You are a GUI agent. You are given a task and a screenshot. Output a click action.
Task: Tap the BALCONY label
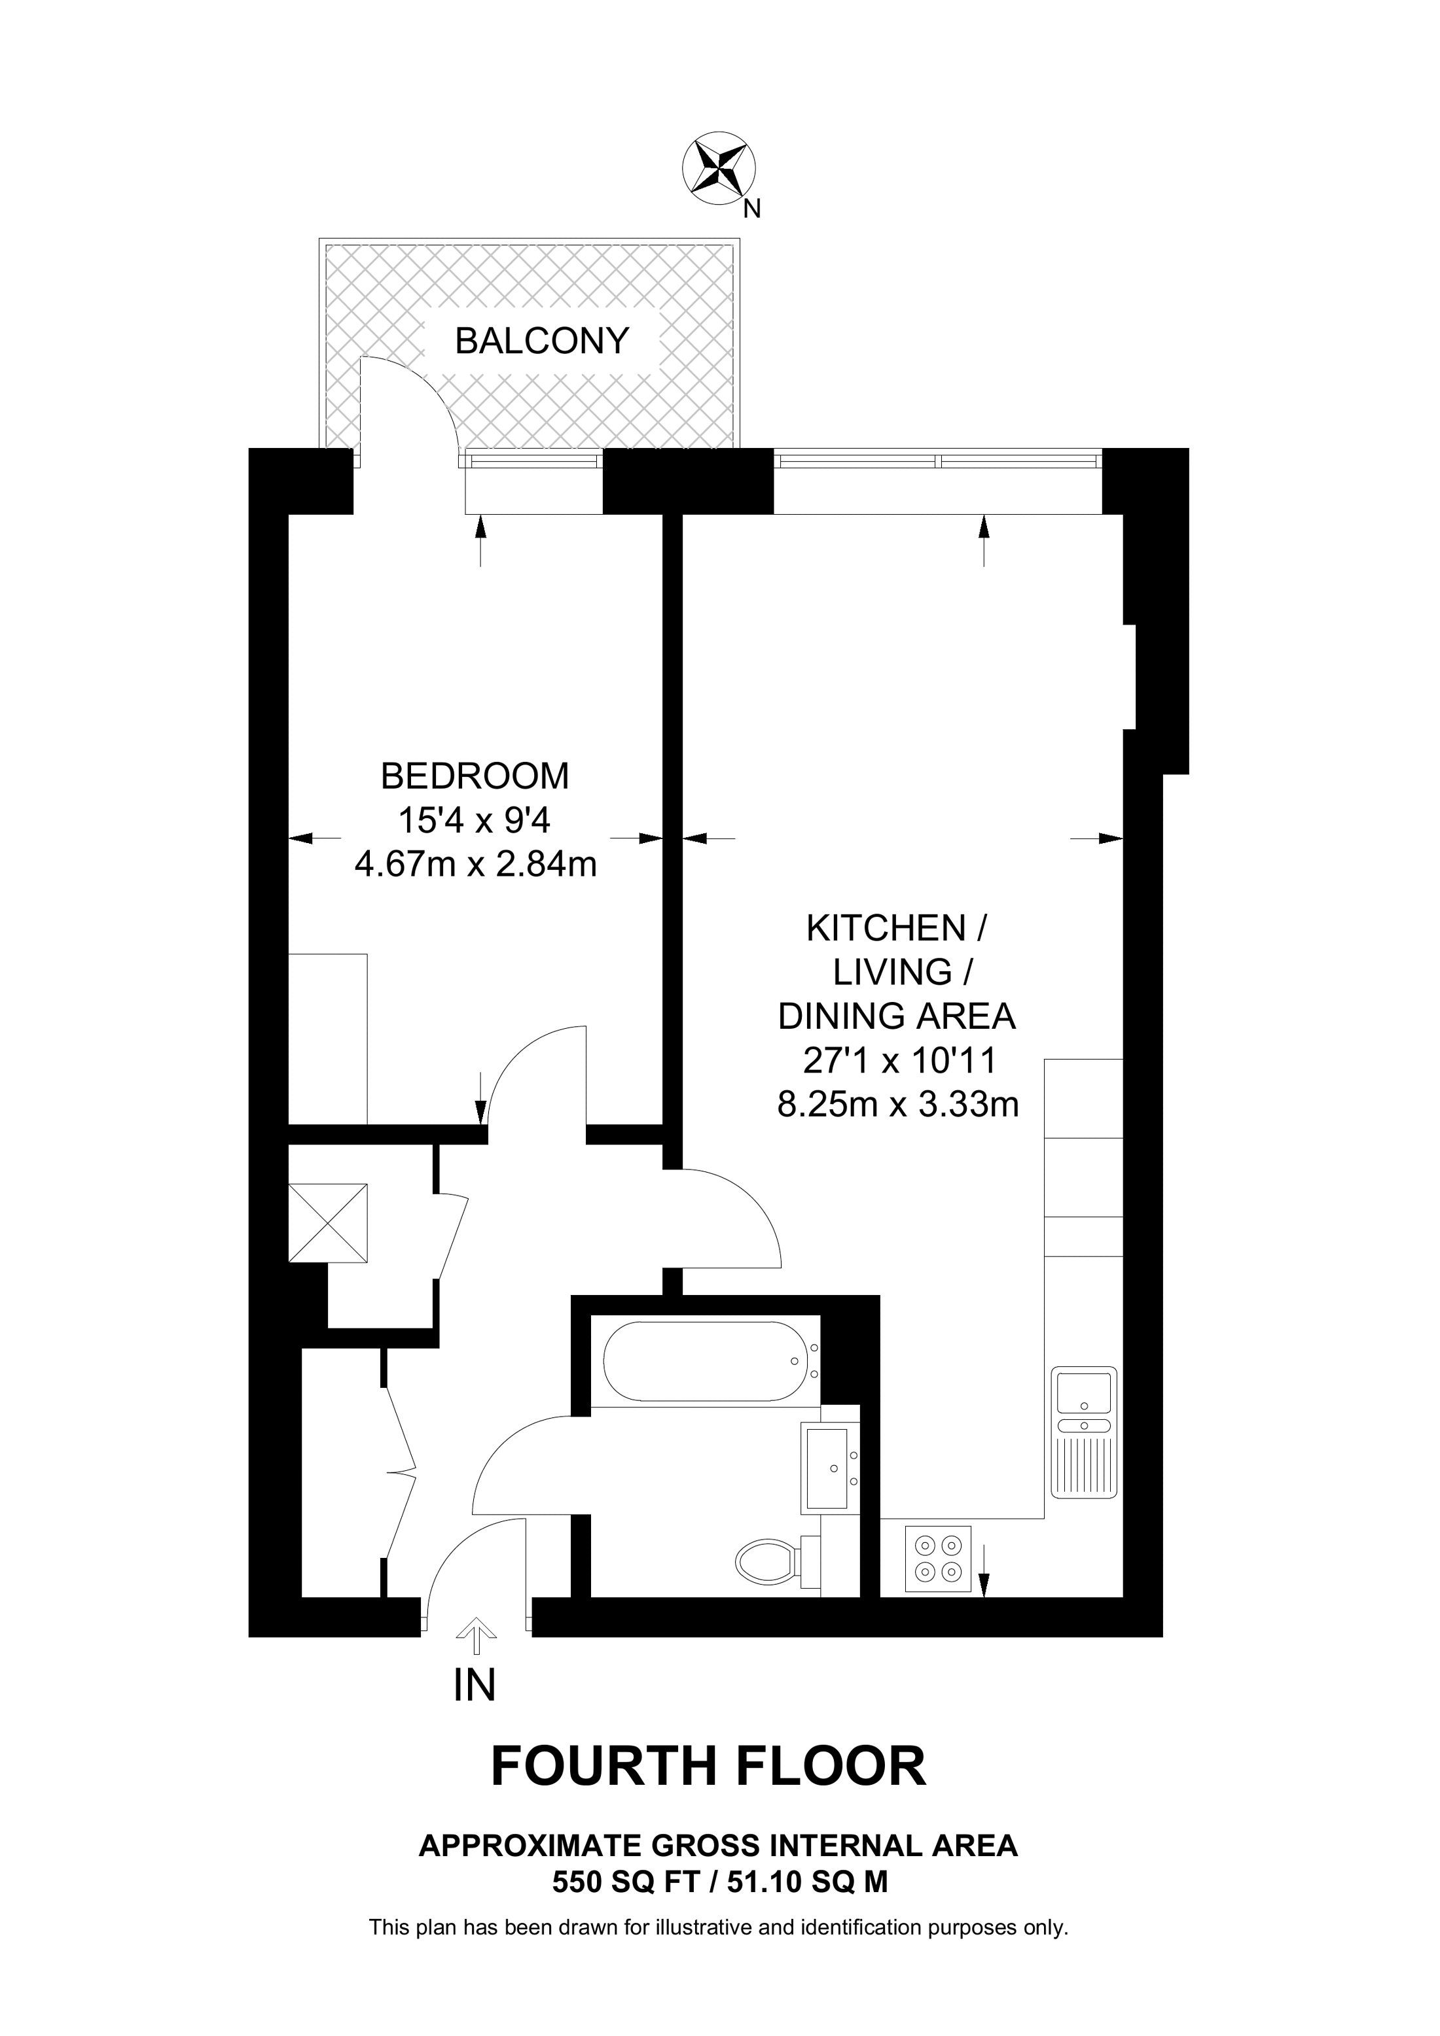coord(542,341)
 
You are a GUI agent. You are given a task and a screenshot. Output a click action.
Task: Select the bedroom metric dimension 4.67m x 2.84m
coord(476,864)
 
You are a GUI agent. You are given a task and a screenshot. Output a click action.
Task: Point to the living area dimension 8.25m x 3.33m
coord(898,1105)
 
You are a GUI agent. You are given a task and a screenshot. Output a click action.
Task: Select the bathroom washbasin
coord(829,1468)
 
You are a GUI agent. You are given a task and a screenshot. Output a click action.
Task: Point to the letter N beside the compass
coord(752,209)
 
